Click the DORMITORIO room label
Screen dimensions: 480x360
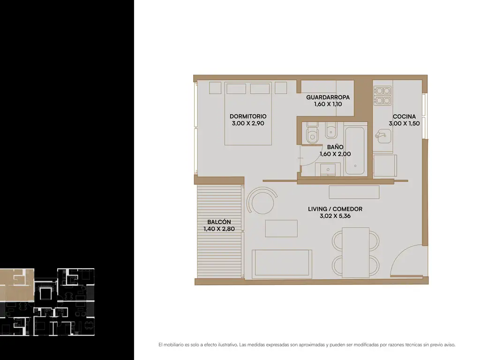point(248,116)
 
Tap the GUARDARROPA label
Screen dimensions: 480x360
point(328,97)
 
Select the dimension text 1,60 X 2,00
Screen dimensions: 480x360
point(335,154)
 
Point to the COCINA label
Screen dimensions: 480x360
point(404,117)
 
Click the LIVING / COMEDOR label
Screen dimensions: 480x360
point(335,209)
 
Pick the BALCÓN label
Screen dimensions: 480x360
point(219,222)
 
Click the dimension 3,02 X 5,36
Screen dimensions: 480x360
point(335,216)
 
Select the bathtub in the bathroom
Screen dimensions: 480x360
point(355,150)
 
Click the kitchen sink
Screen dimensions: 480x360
point(383,136)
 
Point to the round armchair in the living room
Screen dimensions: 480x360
point(262,201)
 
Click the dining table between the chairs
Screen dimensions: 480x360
point(355,253)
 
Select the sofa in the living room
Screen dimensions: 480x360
point(282,264)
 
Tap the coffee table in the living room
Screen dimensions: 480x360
point(281,228)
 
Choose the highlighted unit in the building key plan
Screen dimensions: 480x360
point(17,285)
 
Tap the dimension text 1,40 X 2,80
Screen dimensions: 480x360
point(219,229)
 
